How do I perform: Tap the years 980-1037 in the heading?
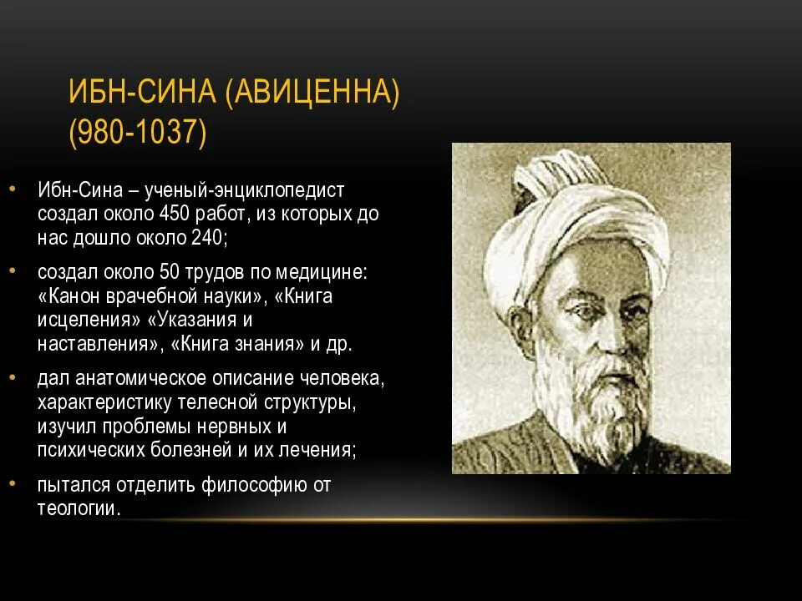[138, 133]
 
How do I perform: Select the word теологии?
[78, 508]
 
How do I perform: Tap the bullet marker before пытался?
[13, 483]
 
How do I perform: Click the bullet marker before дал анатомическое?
[13, 377]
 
